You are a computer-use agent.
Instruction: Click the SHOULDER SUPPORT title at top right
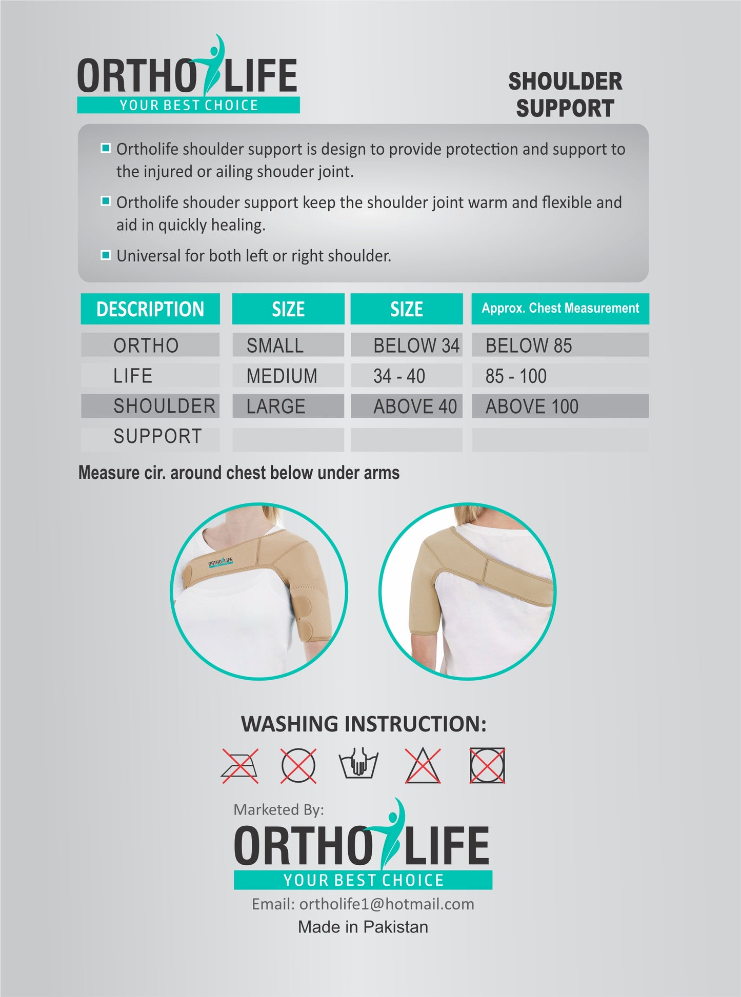[565, 95]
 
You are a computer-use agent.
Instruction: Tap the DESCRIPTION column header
[150, 309]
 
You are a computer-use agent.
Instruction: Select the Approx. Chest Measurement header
[560, 309]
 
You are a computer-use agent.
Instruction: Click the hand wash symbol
[358, 764]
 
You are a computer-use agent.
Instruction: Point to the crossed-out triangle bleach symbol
[423, 765]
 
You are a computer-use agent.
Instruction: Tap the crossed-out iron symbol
[240, 766]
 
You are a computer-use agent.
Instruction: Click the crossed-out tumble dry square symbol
[487, 765]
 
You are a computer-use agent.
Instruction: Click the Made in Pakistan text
[363, 927]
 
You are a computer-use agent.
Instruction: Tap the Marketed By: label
[278, 809]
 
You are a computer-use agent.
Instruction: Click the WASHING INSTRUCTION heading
[364, 724]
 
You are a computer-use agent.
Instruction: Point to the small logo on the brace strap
[221, 563]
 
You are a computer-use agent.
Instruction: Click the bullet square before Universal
[106, 255]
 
